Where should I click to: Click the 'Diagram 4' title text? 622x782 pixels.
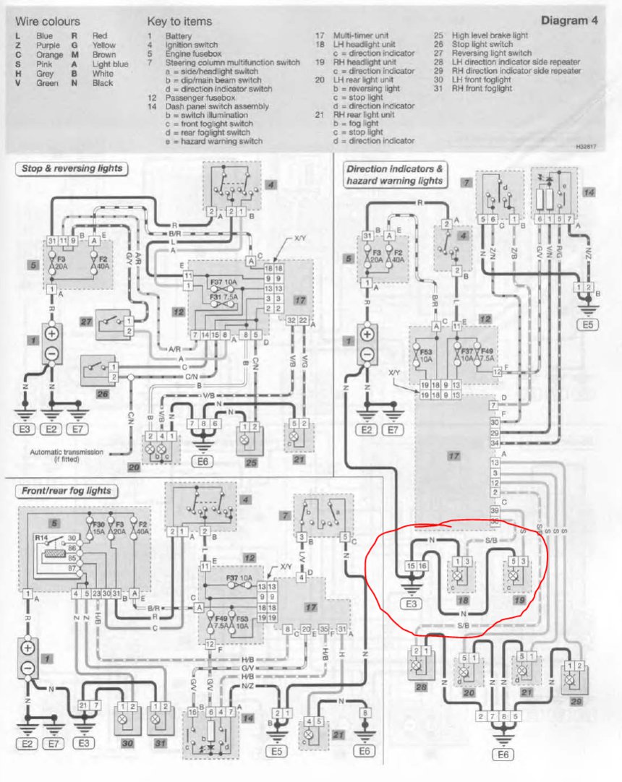[x=569, y=20]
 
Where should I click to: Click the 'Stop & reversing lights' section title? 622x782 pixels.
[x=71, y=169]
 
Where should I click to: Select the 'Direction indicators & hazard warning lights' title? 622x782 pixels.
[x=395, y=175]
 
